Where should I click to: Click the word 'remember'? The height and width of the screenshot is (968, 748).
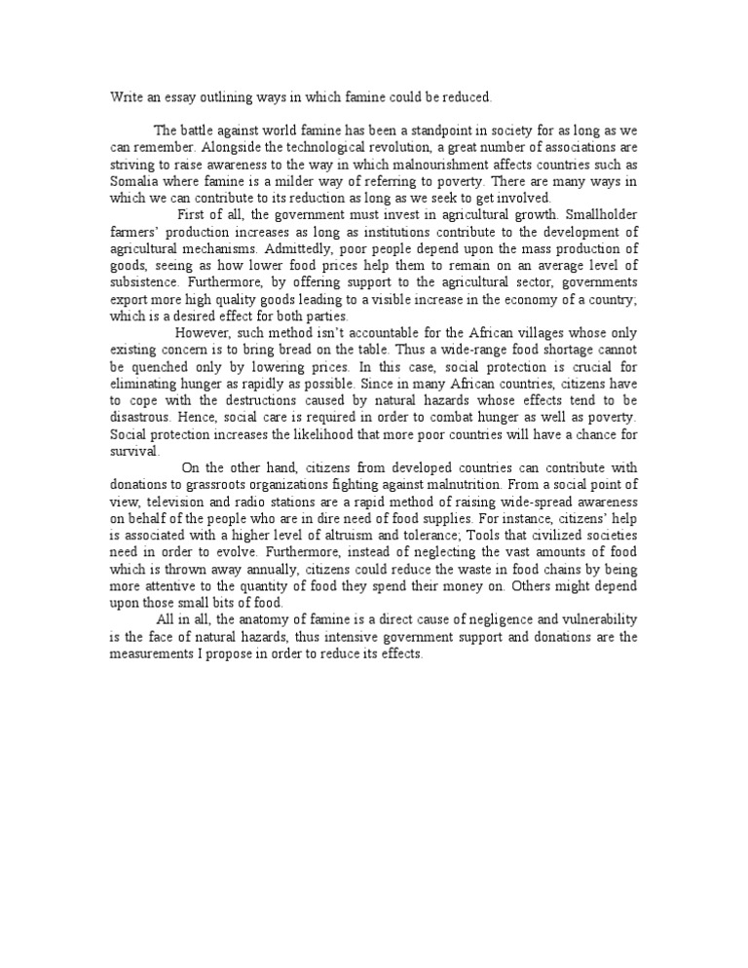point(164,147)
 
